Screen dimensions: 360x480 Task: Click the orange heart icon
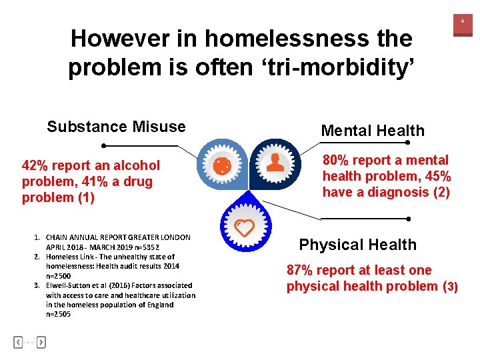click(x=245, y=228)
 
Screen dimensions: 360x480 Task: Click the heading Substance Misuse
click(x=116, y=127)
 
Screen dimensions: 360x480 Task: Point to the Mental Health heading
click(x=372, y=131)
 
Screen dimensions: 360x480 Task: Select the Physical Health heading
click(x=357, y=245)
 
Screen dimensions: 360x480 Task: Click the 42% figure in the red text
click(x=35, y=165)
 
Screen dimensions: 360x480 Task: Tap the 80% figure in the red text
click(x=337, y=160)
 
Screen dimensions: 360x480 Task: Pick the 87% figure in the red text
click(x=301, y=270)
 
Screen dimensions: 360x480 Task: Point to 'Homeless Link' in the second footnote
click(x=67, y=257)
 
